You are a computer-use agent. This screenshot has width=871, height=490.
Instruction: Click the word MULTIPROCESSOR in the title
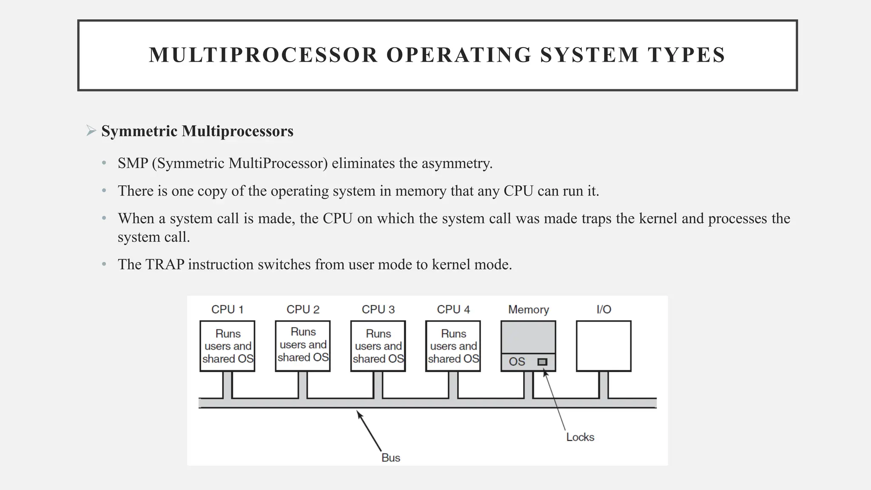pyautogui.click(x=263, y=55)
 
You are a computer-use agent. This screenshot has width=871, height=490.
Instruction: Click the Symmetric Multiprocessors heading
pyautogui.click(x=197, y=131)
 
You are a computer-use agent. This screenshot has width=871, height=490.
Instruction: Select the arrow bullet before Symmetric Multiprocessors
pyautogui.click(x=91, y=131)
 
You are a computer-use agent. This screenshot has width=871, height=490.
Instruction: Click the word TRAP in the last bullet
pyautogui.click(x=165, y=265)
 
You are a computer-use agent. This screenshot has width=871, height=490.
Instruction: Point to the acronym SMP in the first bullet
pyautogui.click(x=133, y=163)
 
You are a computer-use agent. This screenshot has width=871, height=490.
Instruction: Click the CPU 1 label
pyautogui.click(x=227, y=310)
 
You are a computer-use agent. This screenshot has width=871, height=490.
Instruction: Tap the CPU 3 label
pyautogui.click(x=378, y=310)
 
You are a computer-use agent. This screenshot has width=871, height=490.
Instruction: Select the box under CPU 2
pyautogui.click(x=302, y=346)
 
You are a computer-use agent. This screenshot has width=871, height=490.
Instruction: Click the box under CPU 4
pyautogui.click(x=453, y=346)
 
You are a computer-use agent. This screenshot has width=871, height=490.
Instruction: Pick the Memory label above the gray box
pyautogui.click(x=528, y=310)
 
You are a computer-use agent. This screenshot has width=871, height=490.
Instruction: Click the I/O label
pyautogui.click(x=603, y=310)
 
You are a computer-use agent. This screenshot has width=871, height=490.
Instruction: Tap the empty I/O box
pyautogui.click(x=603, y=346)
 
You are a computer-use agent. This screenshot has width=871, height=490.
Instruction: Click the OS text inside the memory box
pyautogui.click(x=517, y=362)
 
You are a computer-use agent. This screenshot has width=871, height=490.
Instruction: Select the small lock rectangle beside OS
pyautogui.click(x=542, y=362)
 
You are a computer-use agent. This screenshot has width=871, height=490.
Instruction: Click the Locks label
pyautogui.click(x=580, y=437)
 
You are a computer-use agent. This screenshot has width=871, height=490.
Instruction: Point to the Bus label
pyautogui.click(x=390, y=458)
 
